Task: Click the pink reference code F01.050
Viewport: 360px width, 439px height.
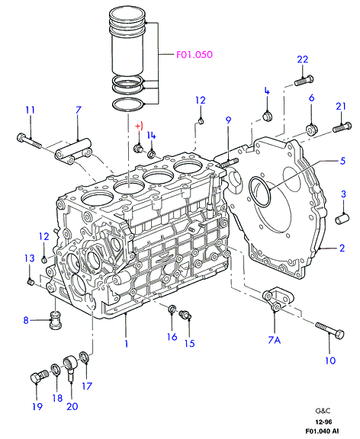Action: pos(194,54)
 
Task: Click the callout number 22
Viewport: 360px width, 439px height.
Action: pos(303,59)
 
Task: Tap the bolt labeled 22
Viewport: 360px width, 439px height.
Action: pos(304,80)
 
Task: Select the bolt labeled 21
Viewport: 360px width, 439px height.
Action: pos(342,127)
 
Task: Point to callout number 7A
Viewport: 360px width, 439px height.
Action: pos(275,340)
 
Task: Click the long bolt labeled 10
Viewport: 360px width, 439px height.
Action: pos(329,330)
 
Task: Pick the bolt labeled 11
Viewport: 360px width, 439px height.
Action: pos(29,141)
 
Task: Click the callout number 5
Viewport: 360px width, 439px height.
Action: pos(342,161)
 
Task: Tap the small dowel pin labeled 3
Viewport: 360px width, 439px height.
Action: pos(342,218)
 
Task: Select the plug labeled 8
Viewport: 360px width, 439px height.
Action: pos(56,320)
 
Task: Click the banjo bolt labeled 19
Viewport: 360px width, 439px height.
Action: pos(39,377)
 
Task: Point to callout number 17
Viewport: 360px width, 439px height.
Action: pos(87,386)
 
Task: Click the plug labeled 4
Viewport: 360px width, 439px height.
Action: pos(268,116)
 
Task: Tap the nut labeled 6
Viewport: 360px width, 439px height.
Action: pos(311,130)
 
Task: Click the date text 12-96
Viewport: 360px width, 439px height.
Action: pos(323,422)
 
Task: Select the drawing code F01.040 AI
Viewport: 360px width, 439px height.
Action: pos(322,431)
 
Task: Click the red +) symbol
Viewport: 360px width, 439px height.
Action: pos(140,126)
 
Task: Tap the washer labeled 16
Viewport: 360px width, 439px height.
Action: pos(172,309)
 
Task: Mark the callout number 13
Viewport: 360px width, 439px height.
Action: pos(30,258)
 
